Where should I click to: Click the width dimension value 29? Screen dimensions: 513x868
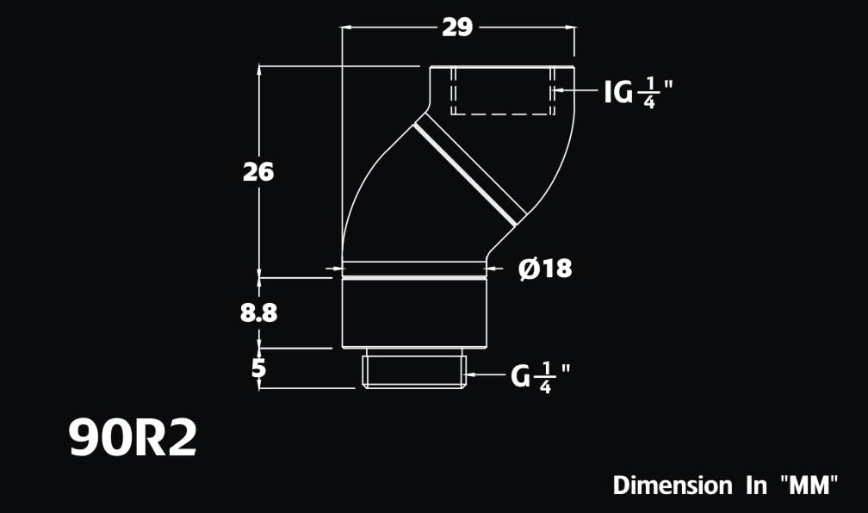pyautogui.click(x=457, y=28)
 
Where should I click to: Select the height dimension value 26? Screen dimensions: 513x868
pyautogui.click(x=258, y=172)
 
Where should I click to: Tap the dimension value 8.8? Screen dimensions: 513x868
pyautogui.click(x=258, y=313)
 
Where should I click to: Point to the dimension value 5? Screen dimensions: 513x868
pyautogui.click(x=258, y=368)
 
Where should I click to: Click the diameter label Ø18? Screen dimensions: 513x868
pyautogui.click(x=545, y=269)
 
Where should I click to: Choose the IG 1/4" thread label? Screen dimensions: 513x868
pyautogui.click(x=636, y=92)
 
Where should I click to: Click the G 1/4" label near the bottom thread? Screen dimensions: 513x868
pyautogui.click(x=541, y=376)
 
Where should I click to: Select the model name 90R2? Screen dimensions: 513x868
pyautogui.click(x=133, y=439)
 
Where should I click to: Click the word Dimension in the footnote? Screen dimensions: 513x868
pyautogui.click(x=673, y=485)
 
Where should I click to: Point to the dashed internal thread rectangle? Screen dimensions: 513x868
pyautogui.click(x=501, y=90)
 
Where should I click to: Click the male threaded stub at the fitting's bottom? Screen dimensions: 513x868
pyautogui.click(x=414, y=368)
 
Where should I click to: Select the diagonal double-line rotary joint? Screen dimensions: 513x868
pyautogui.click(x=469, y=170)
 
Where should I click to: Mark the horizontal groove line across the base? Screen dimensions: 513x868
pyautogui.click(x=414, y=277)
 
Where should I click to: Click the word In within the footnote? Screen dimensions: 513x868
pyautogui.click(x=755, y=485)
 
